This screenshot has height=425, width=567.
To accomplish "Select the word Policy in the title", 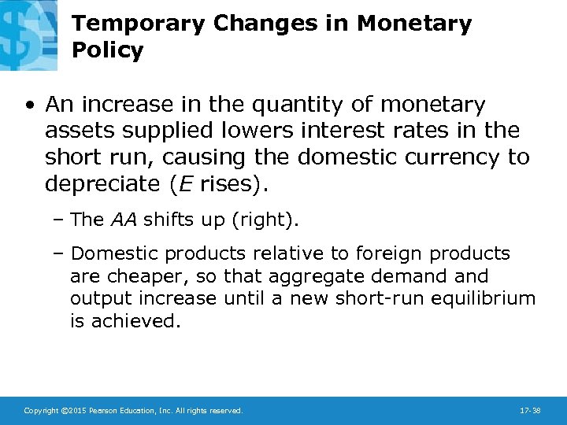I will pos(107,51).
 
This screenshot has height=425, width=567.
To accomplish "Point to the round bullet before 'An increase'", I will pos(29,105).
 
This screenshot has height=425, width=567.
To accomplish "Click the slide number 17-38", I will pos(530,411).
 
